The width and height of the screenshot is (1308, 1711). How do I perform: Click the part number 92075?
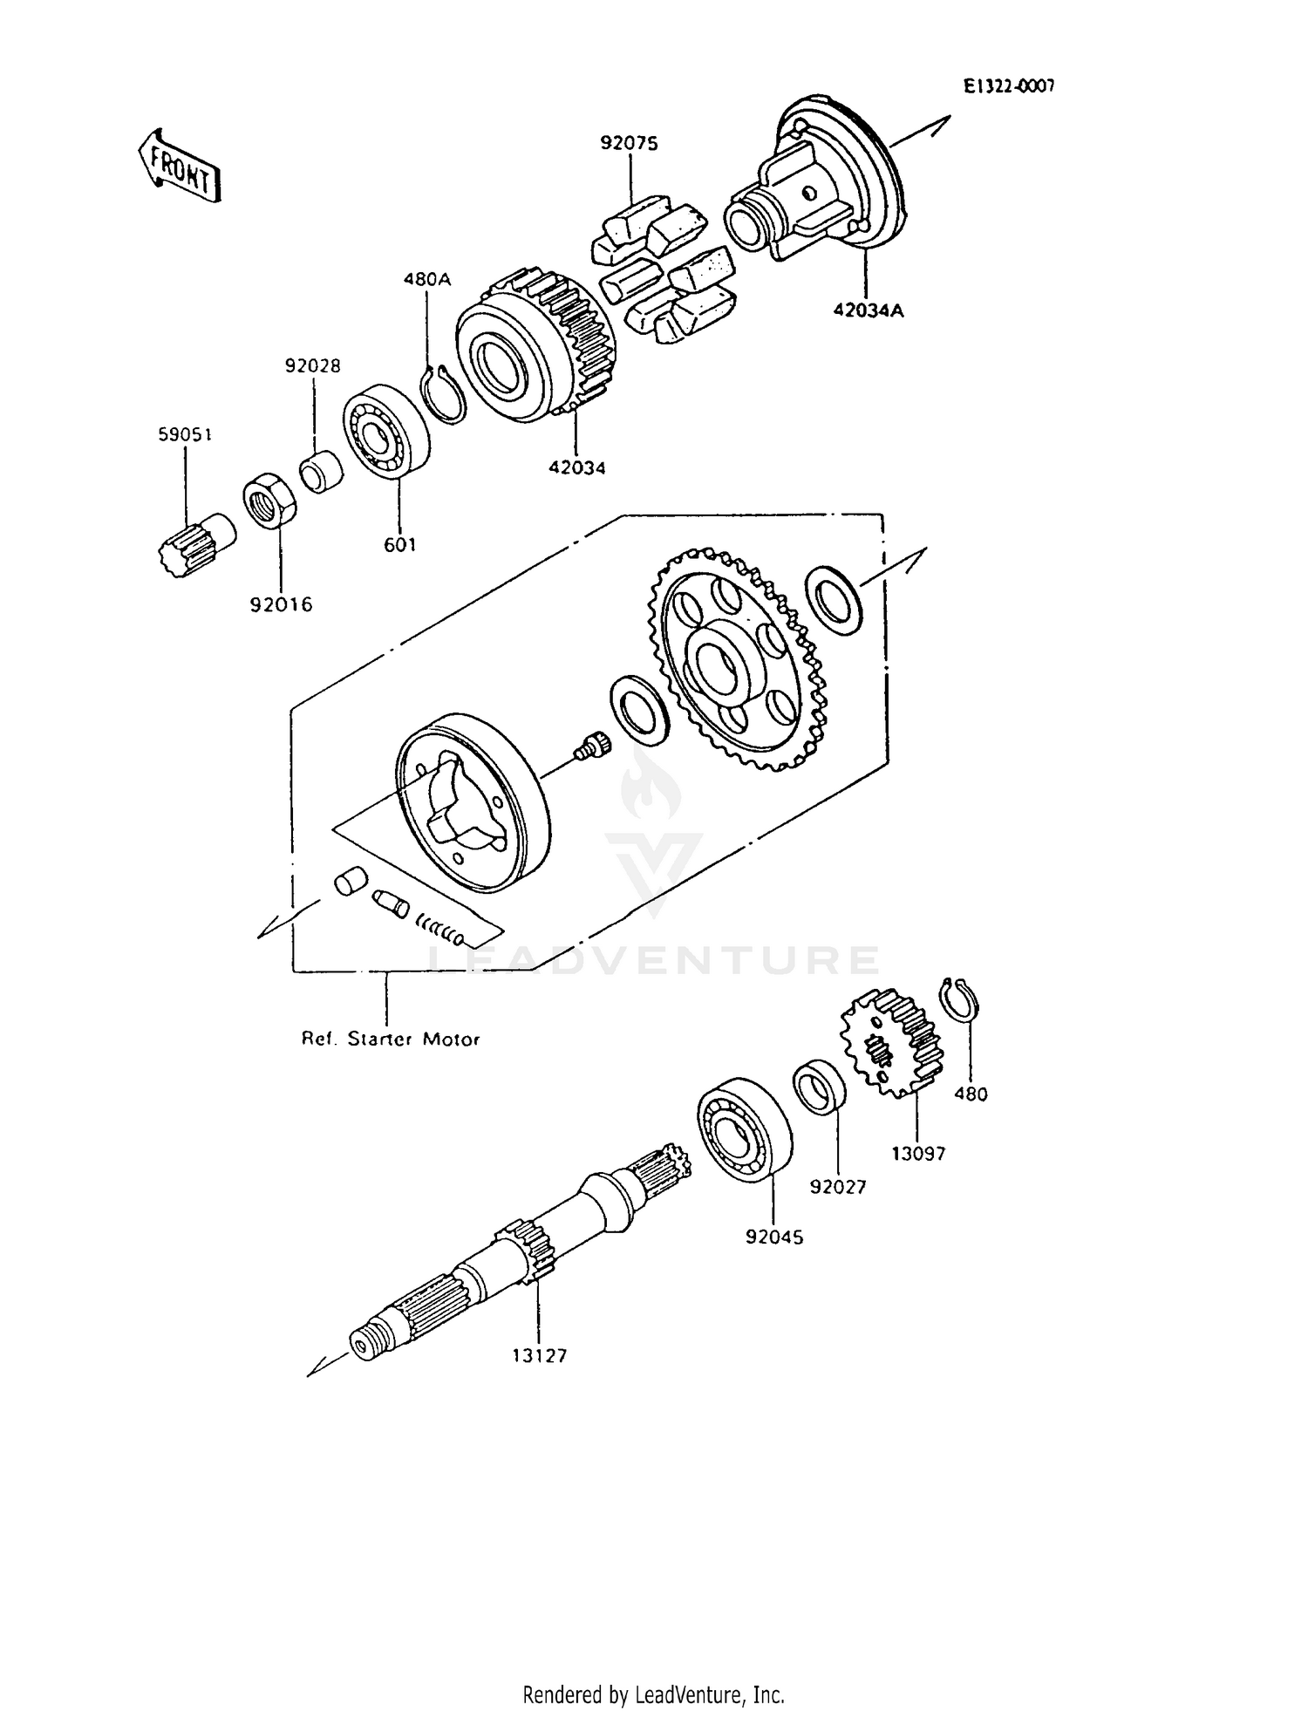tap(628, 143)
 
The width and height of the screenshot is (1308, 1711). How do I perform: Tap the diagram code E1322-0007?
tap(1009, 85)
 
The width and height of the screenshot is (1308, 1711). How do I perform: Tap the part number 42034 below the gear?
tap(576, 467)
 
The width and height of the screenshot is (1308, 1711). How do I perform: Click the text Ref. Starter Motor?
tap(390, 1040)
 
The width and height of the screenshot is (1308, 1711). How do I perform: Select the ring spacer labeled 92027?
tap(821, 1086)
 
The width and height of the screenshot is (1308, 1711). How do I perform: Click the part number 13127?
tap(539, 1355)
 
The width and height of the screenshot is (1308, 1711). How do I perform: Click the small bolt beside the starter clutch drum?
tap(593, 746)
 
